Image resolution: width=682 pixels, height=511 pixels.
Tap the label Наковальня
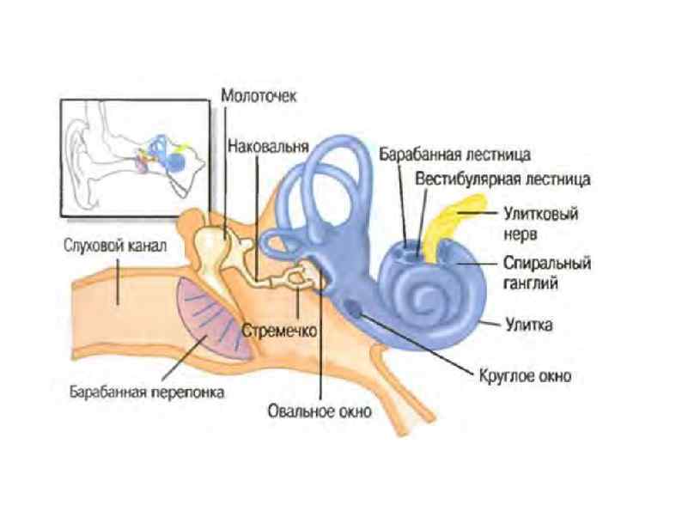(268, 146)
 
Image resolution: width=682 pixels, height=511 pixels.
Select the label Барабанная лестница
(455, 155)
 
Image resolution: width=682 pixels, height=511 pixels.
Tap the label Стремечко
(281, 329)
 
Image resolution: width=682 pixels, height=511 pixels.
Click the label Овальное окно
(320, 411)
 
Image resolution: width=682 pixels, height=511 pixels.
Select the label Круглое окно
(523, 374)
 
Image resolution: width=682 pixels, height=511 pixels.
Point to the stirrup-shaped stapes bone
(297, 277)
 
